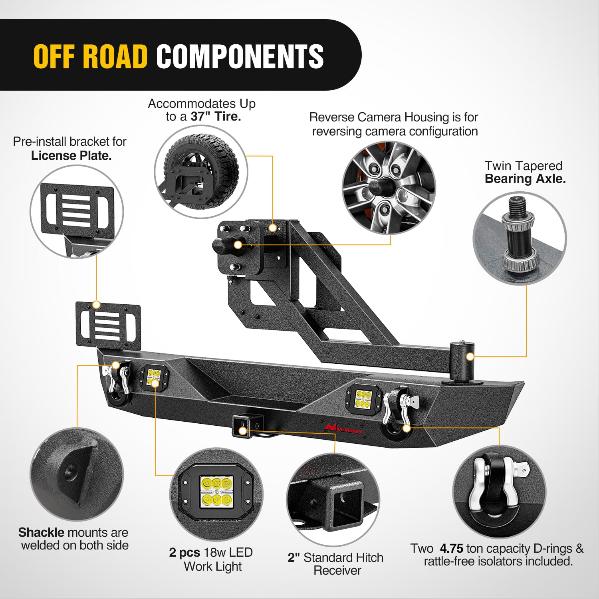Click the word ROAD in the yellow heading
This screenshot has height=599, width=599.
[116, 56]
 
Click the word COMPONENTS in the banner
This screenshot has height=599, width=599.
[240, 56]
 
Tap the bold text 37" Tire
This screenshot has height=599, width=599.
[216, 117]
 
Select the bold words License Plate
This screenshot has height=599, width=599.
[71, 156]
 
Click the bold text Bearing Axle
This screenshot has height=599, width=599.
[525, 179]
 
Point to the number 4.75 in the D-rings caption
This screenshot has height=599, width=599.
[451, 548]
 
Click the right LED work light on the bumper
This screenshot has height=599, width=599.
[363, 399]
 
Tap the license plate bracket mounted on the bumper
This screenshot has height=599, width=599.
[108, 325]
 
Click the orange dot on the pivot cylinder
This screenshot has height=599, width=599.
[470, 356]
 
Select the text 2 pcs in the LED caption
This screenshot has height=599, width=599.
[184, 552]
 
